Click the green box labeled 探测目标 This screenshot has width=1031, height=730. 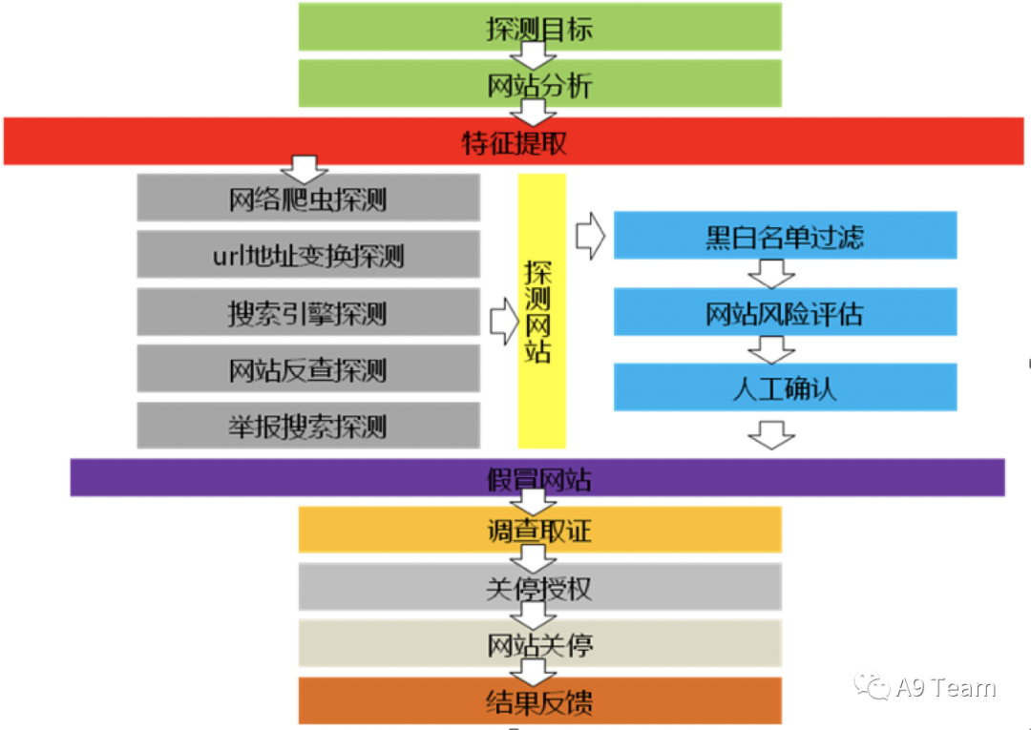pyautogui.click(x=539, y=27)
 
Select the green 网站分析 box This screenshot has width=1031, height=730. pyautogui.click(x=539, y=84)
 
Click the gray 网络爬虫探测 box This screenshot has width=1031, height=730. pyautogui.click(x=307, y=198)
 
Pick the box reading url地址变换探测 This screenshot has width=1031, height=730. pyautogui.click(x=307, y=255)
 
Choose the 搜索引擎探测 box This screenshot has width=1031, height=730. pyautogui.click(x=307, y=312)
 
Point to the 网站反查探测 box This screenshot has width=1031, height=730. pyautogui.click(x=307, y=369)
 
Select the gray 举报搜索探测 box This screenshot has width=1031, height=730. pyautogui.click(x=307, y=426)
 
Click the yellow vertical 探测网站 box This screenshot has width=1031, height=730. pyautogui.click(x=541, y=311)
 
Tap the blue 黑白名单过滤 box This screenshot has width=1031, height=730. pyautogui.click(x=785, y=235)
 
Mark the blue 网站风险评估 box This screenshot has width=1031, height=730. pyautogui.click(x=785, y=312)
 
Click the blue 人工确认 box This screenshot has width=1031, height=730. pyautogui.click(x=785, y=387)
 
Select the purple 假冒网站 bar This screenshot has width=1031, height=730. pyautogui.click(x=537, y=477)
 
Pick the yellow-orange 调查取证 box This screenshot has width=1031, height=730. pyautogui.click(x=539, y=530)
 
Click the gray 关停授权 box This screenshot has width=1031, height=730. pyautogui.click(x=539, y=587)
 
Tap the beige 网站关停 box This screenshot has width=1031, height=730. pyautogui.click(x=539, y=644)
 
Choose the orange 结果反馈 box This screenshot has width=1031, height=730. pyautogui.click(x=539, y=701)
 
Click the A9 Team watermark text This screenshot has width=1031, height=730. pyautogui.click(x=945, y=688)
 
